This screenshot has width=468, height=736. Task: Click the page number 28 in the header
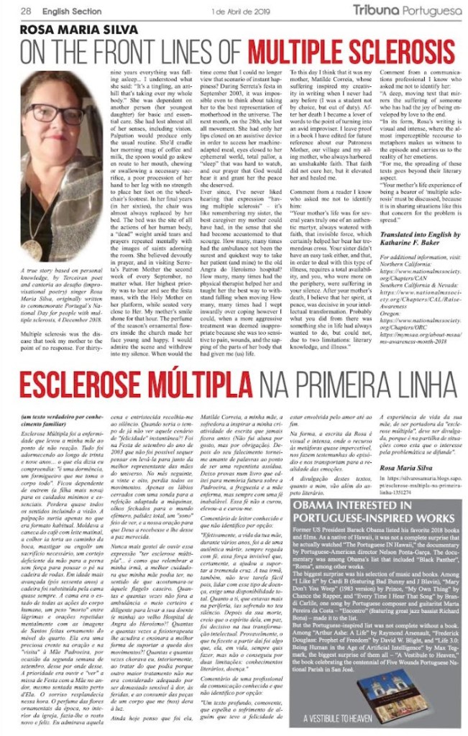point(25,11)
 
